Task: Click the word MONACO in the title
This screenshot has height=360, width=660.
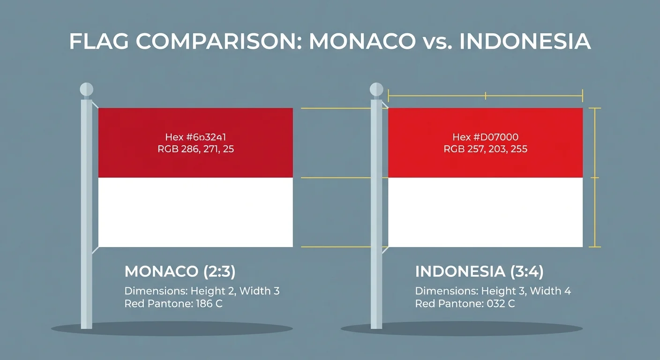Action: click(x=362, y=42)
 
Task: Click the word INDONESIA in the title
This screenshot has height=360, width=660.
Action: click(x=525, y=42)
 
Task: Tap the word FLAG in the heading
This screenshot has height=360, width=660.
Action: click(x=99, y=42)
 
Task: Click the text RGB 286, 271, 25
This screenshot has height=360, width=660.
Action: click(x=195, y=149)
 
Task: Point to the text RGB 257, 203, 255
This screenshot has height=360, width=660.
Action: click(x=485, y=149)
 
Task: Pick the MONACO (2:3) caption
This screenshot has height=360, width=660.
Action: click(x=180, y=271)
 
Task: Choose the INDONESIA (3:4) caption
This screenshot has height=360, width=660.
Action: click(x=480, y=271)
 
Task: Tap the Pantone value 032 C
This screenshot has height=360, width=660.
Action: click(x=501, y=304)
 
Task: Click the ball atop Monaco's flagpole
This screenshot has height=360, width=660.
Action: click(x=87, y=89)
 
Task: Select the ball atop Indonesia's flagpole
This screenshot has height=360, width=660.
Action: click(x=376, y=89)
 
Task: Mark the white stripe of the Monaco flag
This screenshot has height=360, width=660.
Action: click(x=195, y=212)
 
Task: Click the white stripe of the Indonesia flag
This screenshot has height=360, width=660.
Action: click(x=485, y=212)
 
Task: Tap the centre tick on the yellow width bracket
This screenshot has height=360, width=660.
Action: click(x=486, y=96)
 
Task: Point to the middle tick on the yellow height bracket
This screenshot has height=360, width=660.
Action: click(x=595, y=178)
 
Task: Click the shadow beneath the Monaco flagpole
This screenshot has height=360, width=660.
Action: click(x=172, y=329)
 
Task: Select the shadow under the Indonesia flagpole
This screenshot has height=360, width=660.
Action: click(x=462, y=329)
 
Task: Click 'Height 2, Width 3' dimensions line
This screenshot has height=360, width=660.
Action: click(x=235, y=291)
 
